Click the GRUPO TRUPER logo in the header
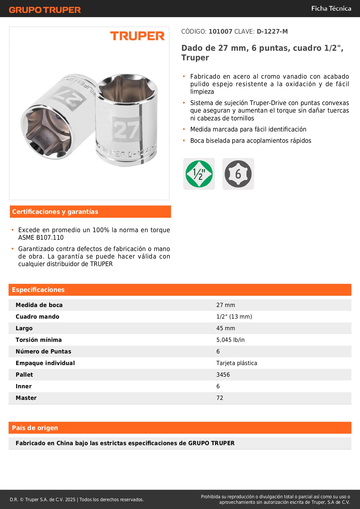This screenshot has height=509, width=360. click(45, 10)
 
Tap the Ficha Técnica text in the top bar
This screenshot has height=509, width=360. click(331, 8)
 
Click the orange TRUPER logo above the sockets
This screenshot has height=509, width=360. click(137, 36)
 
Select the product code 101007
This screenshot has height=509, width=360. click(220, 32)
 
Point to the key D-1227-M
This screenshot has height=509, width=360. click(272, 32)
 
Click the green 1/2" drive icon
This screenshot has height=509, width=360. click(199, 174)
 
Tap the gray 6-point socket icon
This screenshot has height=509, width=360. click(238, 174)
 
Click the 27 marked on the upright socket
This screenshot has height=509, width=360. click(126, 130)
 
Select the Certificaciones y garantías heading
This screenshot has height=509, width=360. click(55, 212)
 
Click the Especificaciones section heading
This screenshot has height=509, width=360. click(38, 290)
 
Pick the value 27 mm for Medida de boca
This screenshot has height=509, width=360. click(226, 305)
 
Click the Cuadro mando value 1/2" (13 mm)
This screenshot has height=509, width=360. click(234, 317)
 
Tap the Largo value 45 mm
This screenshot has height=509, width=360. click(226, 328)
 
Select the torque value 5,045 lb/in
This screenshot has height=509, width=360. click(230, 340)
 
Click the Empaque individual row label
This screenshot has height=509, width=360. click(45, 363)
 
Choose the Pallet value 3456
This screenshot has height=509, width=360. click(223, 375)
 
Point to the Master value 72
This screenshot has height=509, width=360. click(220, 398)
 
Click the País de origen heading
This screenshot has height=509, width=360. click(35, 428)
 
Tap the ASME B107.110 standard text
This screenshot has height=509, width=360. click(41, 238)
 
